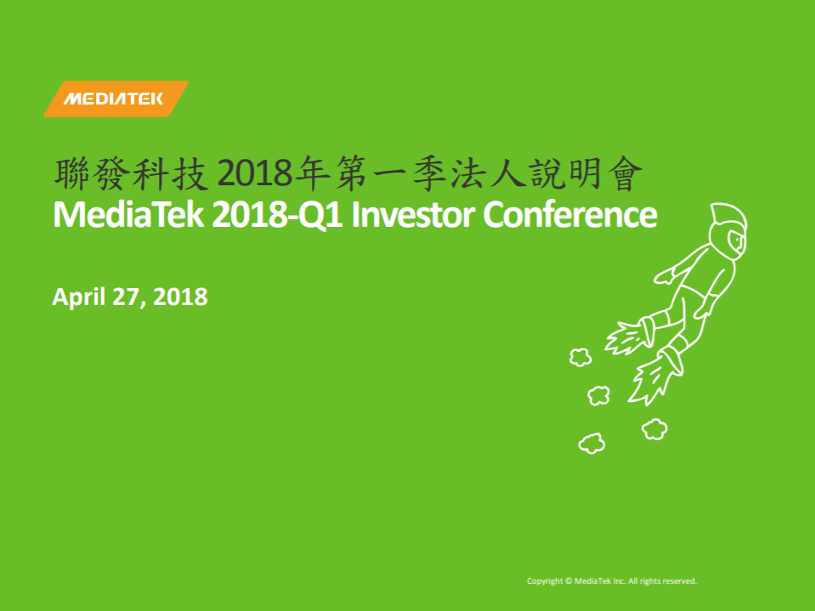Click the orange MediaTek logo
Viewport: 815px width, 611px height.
click(116, 99)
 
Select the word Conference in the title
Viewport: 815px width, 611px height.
click(570, 215)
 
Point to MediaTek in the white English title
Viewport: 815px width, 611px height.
click(128, 215)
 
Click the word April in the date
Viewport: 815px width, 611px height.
click(78, 297)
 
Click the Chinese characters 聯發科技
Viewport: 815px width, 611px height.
click(132, 173)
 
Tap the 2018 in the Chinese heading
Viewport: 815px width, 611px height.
click(255, 173)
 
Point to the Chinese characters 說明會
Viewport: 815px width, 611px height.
click(587, 173)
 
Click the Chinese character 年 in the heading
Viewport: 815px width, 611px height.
click(312, 173)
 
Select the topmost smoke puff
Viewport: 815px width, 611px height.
click(580, 357)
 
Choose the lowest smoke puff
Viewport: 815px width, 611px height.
click(592, 444)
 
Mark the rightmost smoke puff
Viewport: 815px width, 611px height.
click(654, 429)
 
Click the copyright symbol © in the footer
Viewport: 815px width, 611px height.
click(569, 581)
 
